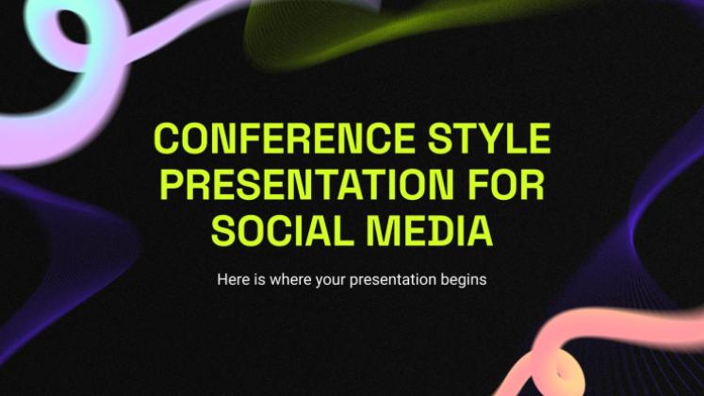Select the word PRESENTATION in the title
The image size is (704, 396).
click(306, 185)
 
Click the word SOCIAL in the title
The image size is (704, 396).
click(283, 231)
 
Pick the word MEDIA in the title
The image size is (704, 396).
click(430, 231)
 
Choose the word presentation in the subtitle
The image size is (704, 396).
click(393, 281)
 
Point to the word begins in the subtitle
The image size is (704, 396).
click(464, 281)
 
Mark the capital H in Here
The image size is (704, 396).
click(222, 280)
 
